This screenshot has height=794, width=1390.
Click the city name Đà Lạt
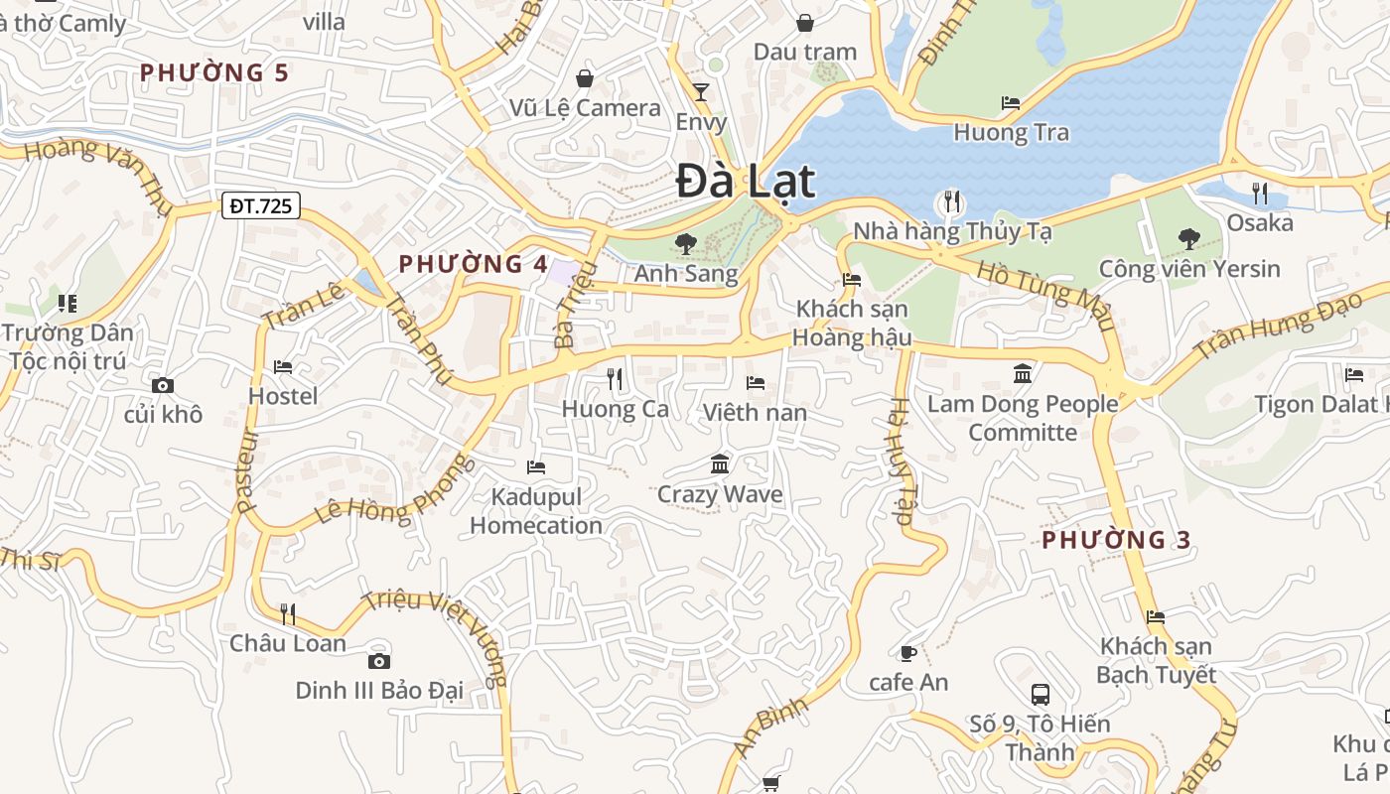(x=746, y=182)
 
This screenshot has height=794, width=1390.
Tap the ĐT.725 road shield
(x=259, y=205)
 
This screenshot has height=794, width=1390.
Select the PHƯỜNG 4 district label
(x=473, y=264)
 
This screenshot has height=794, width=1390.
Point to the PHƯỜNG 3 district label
(x=1116, y=540)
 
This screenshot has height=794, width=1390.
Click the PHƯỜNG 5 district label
(x=214, y=72)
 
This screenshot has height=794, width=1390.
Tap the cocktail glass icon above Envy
(x=701, y=92)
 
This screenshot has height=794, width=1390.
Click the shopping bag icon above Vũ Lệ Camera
(x=585, y=78)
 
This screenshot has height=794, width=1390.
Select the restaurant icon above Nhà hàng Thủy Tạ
(x=951, y=202)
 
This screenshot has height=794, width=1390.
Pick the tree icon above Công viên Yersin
(x=1188, y=239)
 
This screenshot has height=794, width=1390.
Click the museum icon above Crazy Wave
(x=720, y=463)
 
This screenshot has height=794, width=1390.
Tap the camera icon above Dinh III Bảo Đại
(x=378, y=661)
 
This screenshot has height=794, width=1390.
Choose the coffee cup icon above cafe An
(x=906, y=652)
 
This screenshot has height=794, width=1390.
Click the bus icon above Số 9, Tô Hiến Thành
(x=1040, y=694)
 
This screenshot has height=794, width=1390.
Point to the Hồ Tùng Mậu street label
(x=1045, y=295)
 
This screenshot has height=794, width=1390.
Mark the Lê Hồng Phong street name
(x=388, y=493)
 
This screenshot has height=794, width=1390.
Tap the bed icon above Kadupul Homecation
(x=536, y=466)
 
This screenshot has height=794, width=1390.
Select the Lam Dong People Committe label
(x=1023, y=418)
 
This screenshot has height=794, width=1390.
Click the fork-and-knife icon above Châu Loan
(x=287, y=613)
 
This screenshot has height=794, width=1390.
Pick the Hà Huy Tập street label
(x=901, y=462)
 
